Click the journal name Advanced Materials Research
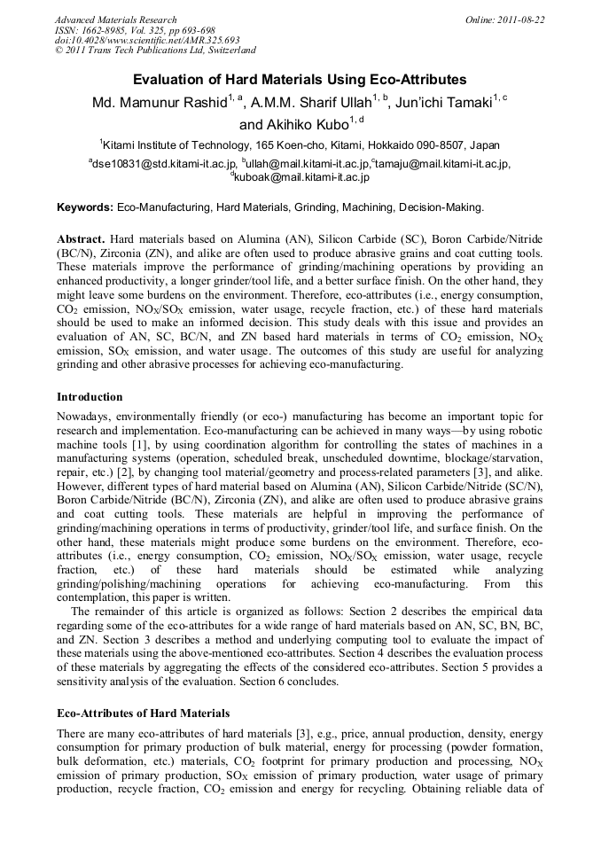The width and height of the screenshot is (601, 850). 115,19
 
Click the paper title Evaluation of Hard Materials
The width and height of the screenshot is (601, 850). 300,79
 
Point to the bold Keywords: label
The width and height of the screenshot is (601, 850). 85,207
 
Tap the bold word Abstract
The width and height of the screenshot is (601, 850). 81,239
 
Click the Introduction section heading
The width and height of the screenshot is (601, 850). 90,396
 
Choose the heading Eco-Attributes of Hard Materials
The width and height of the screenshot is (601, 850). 143,713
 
